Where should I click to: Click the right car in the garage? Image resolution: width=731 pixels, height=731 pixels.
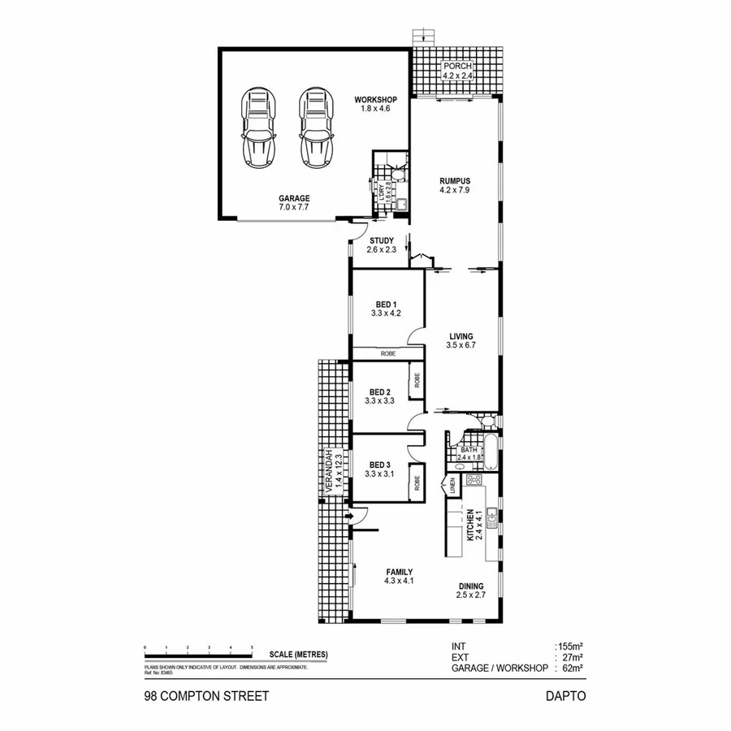[x=314, y=128]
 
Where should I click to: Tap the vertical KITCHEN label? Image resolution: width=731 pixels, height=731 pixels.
[x=470, y=524]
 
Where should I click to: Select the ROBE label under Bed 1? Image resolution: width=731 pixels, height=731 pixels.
[x=386, y=354]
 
